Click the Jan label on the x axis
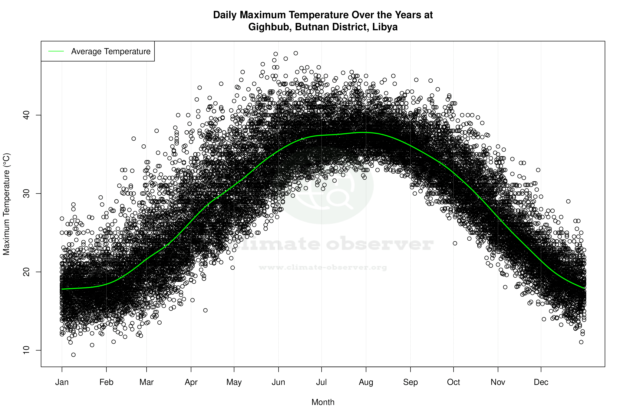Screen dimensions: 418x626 click(62, 382)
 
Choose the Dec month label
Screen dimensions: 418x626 click(541, 382)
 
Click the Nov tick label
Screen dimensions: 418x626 click(498, 382)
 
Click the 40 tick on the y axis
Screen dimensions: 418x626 click(26, 115)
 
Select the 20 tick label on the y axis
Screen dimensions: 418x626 click(26, 272)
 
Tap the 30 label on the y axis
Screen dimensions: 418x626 click(26, 194)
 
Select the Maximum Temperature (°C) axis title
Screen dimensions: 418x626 click(6, 204)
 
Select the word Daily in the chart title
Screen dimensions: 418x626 click(225, 15)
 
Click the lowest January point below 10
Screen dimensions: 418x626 click(73, 355)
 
